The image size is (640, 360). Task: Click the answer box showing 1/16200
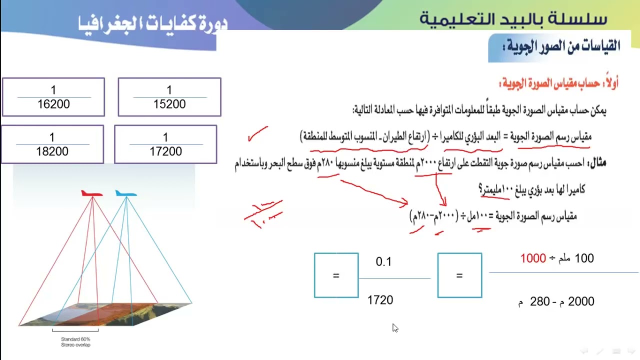click(x=53, y=97)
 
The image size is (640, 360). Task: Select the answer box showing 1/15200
click(x=169, y=97)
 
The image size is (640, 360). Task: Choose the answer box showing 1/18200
click(x=52, y=144)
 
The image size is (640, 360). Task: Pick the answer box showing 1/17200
click(x=165, y=144)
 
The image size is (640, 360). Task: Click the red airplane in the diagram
click(x=91, y=193)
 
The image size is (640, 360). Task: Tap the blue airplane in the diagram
click(x=126, y=193)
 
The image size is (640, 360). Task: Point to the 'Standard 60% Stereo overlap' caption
click(x=75, y=342)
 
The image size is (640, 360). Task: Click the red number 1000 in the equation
click(x=533, y=258)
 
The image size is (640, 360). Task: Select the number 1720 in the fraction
click(x=380, y=300)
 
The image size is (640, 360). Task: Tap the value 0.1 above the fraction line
click(x=383, y=261)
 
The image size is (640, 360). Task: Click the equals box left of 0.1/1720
click(x=336, y=275)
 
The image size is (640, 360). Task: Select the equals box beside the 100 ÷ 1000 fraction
click(x=459, y=275)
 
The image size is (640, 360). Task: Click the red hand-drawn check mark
click(x=257, y=134)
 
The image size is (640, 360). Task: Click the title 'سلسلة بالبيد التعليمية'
click(x=513, y=19)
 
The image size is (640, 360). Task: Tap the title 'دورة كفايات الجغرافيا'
click(x=152, y=23)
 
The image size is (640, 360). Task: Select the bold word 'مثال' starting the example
click(x=598, y=163)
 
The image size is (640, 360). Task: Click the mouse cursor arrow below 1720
click(x=395, y=327)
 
